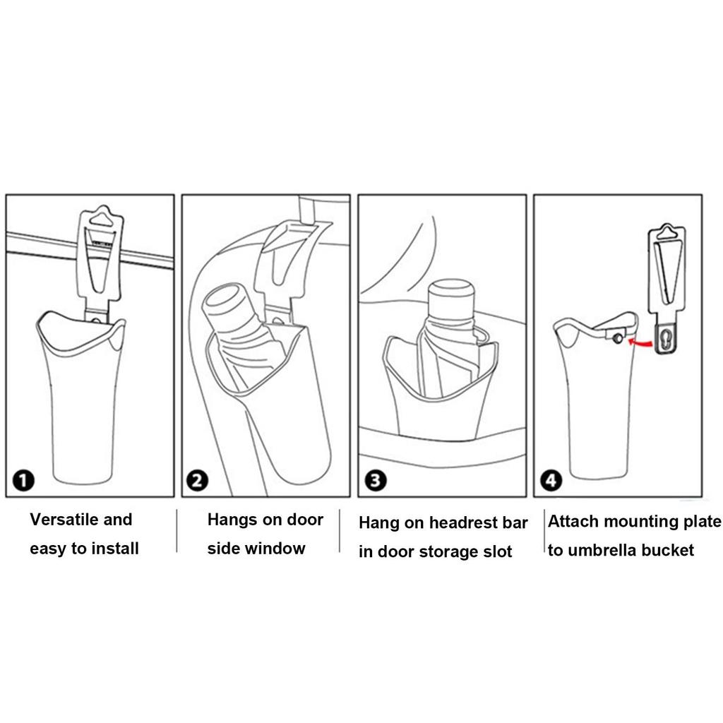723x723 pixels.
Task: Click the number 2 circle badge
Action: point(197,482)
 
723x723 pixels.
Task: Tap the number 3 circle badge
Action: point(374,482)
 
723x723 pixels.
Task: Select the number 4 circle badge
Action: point(550,482)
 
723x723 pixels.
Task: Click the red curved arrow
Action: point(639,342)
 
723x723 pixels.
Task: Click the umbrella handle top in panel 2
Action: point(225,301)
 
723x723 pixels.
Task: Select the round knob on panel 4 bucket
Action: point(619,339)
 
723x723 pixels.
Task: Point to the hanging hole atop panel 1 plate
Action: point(103,217)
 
